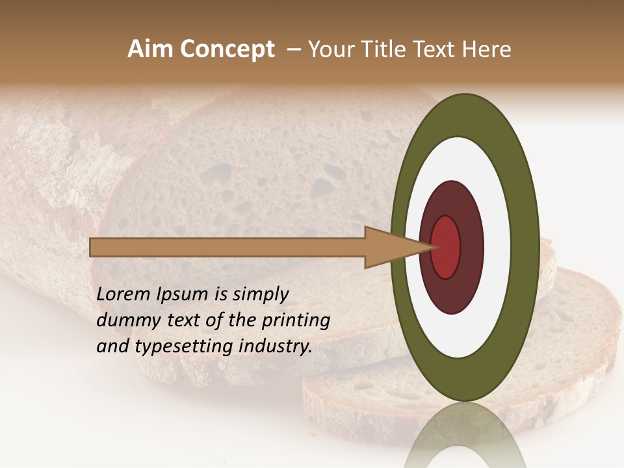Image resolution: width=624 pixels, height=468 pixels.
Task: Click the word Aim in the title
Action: pyautogui.click(x=149, y=49)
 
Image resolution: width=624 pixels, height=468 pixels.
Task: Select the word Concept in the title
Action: pyautogui.click(x=226, y=50)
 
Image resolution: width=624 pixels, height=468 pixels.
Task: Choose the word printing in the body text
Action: pyautogui.click(x=295, y=320)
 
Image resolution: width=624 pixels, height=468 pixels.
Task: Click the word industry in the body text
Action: pyautogui.click(x=276, y=346)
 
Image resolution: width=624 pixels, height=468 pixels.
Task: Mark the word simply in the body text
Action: pyautogui.click(x=260, y=295)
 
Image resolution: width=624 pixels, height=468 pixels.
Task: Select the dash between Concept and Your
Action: pyautogui.click(x=293, y=50)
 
